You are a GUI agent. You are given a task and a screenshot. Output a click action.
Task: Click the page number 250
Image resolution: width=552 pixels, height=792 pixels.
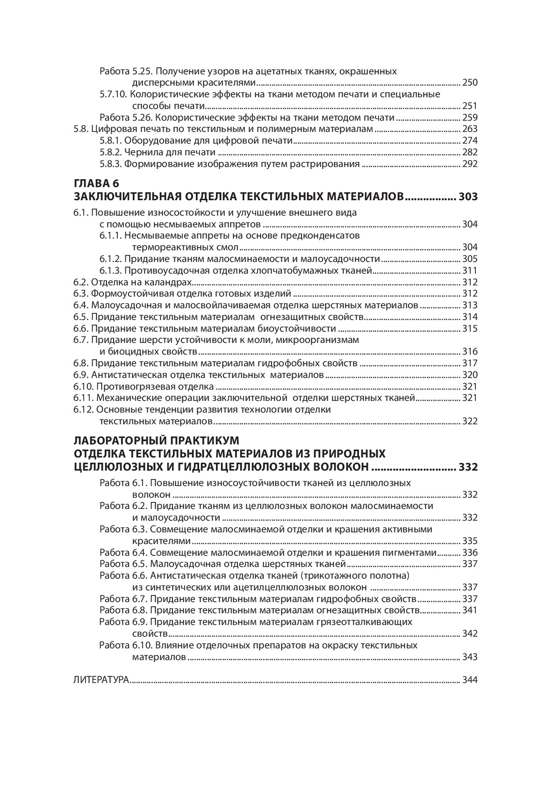coord(470,83)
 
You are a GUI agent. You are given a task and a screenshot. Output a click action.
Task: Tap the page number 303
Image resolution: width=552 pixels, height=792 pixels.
coord(468,196)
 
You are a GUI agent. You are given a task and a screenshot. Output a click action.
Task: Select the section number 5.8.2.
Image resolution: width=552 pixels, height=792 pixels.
coord(111,152)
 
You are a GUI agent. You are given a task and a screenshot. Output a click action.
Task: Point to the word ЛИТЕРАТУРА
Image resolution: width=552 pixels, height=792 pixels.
coord(101,680)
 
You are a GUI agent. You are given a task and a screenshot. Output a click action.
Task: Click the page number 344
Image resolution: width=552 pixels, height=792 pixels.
coord(470,680)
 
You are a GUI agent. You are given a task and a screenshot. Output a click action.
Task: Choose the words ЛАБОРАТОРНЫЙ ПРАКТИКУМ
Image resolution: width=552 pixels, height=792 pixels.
coord(156,441)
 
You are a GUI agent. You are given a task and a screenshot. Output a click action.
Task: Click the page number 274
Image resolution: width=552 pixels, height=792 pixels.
coord(470,141)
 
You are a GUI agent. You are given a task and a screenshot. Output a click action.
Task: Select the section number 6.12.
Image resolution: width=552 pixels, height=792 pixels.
coord(84,410)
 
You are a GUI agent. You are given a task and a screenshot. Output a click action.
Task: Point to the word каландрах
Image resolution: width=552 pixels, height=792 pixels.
coord(172,282)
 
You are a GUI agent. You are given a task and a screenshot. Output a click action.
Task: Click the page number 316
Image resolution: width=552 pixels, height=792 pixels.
coord(470,352)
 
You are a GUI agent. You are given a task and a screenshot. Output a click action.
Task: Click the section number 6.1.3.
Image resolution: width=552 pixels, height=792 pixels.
coord(111,270)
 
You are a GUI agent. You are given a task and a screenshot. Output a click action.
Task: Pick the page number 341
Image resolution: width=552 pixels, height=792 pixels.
coord(470,610)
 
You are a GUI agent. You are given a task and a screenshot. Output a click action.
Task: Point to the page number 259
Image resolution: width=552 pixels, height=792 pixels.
coord(470,117)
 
